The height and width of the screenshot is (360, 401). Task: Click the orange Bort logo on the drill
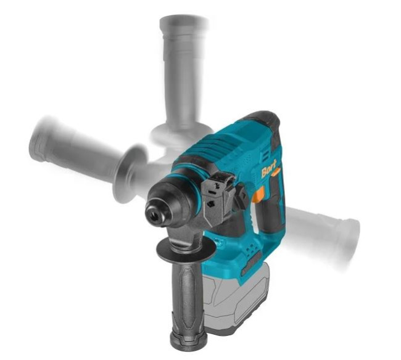[268, 169]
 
